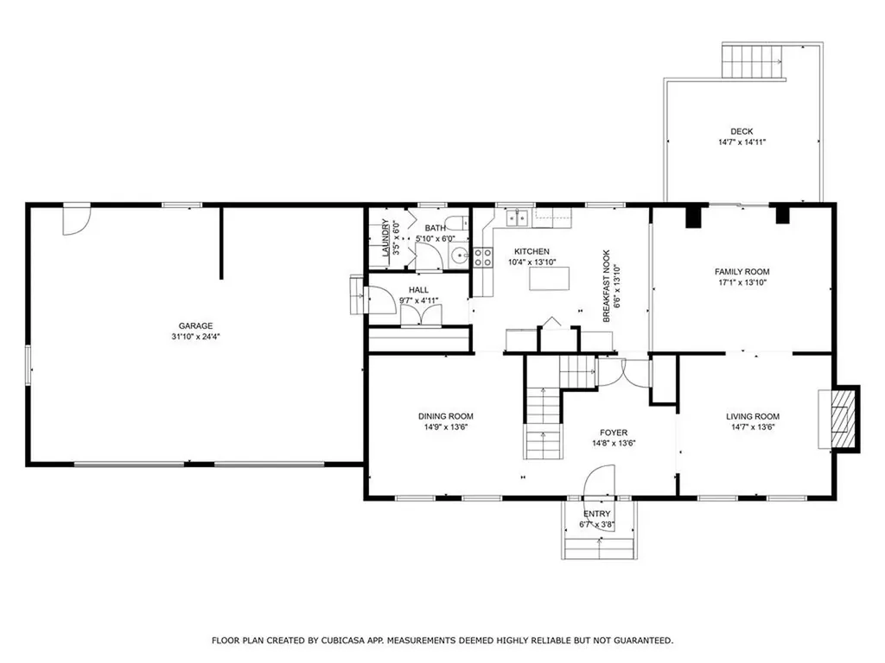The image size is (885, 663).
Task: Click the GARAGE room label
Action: [x=195, y=325]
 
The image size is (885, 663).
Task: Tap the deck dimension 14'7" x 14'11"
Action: [x=741, y=142]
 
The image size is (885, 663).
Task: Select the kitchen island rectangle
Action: [x=549, y=279]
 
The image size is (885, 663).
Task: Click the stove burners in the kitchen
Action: [x=482, y=258]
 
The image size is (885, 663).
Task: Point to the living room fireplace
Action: [x=839, y=419]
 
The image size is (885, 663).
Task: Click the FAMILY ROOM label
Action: [x=742, y=272]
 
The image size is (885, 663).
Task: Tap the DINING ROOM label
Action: [x=445, y=417]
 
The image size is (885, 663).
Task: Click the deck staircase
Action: [x=753, y=61]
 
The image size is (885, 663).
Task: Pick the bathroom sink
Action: [x=460, y=257]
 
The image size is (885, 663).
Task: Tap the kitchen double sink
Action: [x=517, y=217]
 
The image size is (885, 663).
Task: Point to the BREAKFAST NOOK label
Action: [x=607, y=287]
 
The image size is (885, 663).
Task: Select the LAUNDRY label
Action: [x=385, y=237]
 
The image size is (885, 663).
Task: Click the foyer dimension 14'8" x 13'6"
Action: [x=614, y=444]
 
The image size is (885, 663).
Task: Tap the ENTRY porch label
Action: [x=597, y=514]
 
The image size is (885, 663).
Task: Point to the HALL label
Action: [x=418, y=290]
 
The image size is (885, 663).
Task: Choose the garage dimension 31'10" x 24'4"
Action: [x=195, y=337]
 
